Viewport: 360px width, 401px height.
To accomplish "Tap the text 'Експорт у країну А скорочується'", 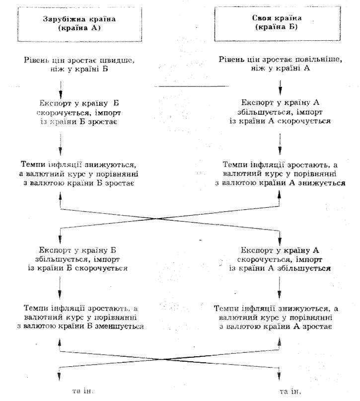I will (x=281, y=259).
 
